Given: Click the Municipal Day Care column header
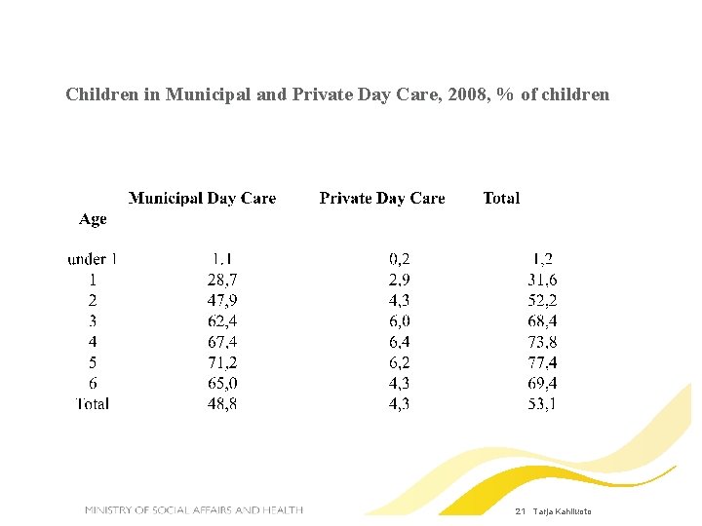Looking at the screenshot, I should click(202, 199).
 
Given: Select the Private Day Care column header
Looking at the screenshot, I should click(381, 199).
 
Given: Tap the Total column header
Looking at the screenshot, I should click(501, 199).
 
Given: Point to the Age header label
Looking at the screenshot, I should click(93, 220).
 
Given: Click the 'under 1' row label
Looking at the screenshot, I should click(92, 259).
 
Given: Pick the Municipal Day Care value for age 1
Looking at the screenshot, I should click(221, 280).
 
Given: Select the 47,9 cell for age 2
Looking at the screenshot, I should click(221, 300).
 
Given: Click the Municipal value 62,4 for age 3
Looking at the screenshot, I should click(221, 320).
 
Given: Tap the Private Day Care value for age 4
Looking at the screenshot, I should click(399, 342).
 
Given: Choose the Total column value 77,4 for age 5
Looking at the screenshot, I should click(542, 362).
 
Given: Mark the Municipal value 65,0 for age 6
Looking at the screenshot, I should click(221, 383).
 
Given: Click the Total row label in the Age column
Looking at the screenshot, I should click(93, 403).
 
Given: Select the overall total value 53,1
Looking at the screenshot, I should click(542, 403).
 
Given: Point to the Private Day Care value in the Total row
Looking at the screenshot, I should click(399, 403).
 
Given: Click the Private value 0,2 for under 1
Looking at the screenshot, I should click(399, 259).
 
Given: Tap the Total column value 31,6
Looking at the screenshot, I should click(542, 280).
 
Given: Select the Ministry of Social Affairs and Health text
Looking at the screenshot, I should click(193, 510).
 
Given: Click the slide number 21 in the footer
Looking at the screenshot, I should click(520, 511).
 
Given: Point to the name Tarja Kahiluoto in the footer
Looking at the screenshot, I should click(562, 511).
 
